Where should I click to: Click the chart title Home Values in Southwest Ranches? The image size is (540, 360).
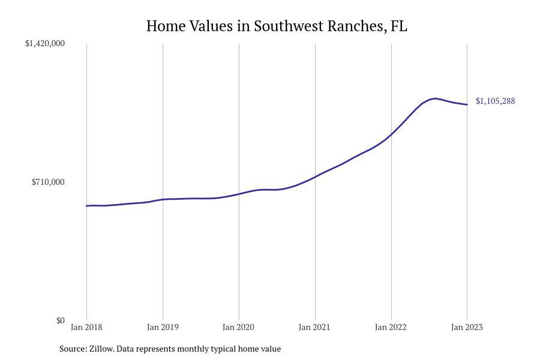coord(277,26)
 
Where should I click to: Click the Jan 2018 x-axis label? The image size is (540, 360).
coord(86,327)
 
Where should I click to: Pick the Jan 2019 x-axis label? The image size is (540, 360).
coord(163,327)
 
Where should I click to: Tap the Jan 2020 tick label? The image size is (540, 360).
coord(238,327)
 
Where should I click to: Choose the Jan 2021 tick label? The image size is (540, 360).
coord(314,327)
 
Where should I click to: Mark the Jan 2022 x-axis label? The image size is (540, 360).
coord(391,327)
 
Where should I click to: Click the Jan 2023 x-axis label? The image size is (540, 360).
coord(467,327)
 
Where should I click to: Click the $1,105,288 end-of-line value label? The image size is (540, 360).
coord(495,101)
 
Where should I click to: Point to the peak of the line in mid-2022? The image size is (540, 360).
coord(434,98)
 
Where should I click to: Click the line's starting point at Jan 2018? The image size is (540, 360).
coord(87,206)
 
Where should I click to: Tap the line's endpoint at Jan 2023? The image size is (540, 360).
coord(467,104)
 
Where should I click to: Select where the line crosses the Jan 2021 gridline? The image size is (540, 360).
coord(315,177)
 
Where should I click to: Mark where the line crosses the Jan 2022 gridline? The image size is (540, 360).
coord(391,134)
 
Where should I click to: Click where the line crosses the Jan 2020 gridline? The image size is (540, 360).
coord(239,194)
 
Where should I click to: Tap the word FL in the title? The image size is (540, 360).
coord(398,26)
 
